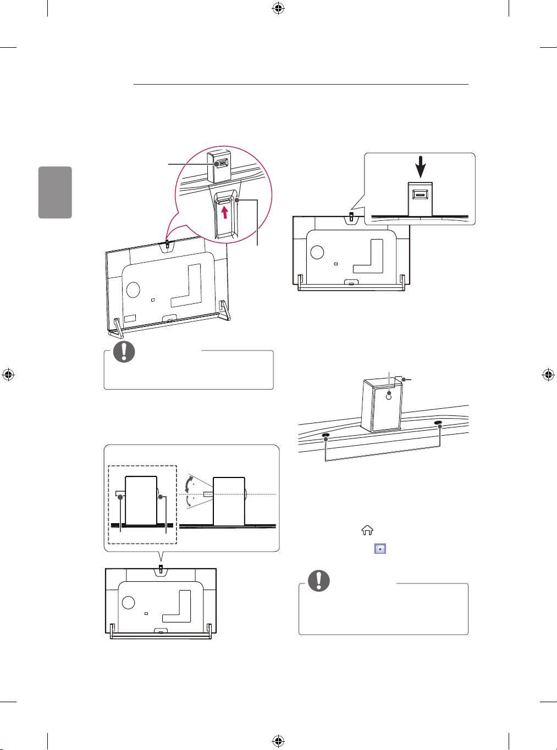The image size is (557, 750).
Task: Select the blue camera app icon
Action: [379, 548]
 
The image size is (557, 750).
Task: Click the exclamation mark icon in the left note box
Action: [124, 351]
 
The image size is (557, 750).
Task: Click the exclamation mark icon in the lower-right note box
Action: [319, 581]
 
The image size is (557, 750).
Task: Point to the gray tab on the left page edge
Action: [55, 192]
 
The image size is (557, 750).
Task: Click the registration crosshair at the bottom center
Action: [278, 742]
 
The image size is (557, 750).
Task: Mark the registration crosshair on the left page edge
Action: [8, 375]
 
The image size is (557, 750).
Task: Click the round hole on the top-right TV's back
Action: [317, 252]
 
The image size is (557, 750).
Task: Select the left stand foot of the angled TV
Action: [115, 327]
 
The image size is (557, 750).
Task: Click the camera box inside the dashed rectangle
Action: [141, 500]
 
